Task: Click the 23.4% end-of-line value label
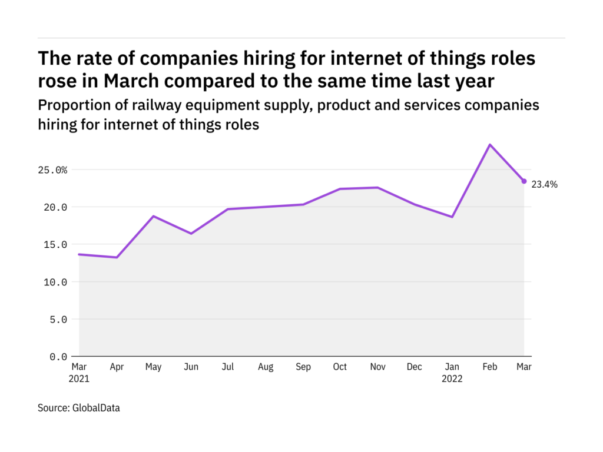pyautogui.click(x=544, y=184)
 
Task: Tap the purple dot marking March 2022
pyautogui.click(x=524, y=181)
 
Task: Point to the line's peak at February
pyautogui.click(x=490, y=145)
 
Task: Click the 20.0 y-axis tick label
pyautogui.click(x=57, y=207)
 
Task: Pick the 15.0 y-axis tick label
pyautogui.click(x=57, y=245)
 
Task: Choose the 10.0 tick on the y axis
pyautogui.click(x=57, y=282)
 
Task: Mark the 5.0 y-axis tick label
pyautogui.click(x=59, y=320)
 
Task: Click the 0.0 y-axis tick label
pyautogui.click(x=59, y=357)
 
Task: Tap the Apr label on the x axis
pyautogui.click(x=116, y=367)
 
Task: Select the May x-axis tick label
pyautogui.click(x=153, y=367)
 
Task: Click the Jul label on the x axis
pyautogui.click(x=228, y=367)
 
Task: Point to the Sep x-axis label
pyautogui.click(x=303, y=367)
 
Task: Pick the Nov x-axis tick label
pyautogui.click(x=377, y=367)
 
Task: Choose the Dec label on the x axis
pyautogui.click(x=415, y=367)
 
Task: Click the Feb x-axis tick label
pyautogui.click(x=490, y=367)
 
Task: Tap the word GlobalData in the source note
pyautogui.click(x=96, y=407)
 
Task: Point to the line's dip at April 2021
pyautogui.click(x=116, y=257)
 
